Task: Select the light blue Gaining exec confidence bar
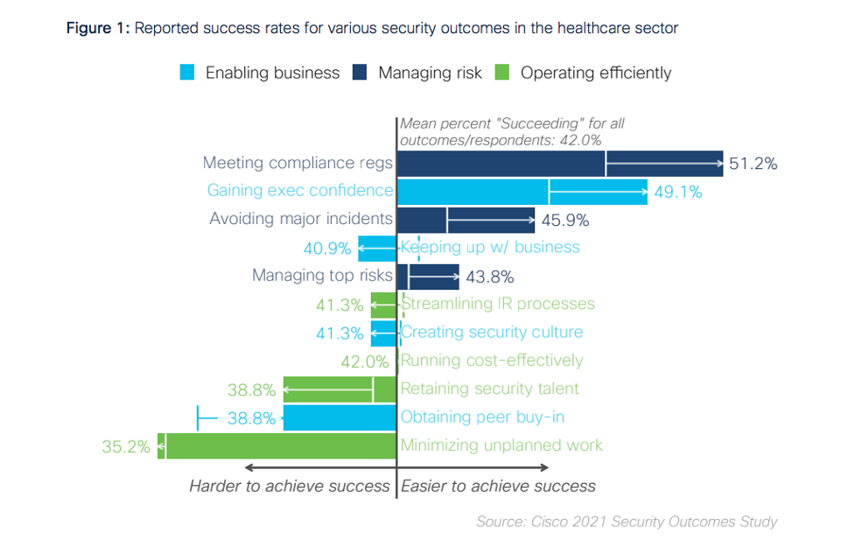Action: pos(522,191)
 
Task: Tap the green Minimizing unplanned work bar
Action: pos(277,445)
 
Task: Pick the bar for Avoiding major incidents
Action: pos(465,220)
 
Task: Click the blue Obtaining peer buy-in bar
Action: pos(340,417)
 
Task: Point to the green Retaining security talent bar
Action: pos(340,389)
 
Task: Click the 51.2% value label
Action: pos(753,164)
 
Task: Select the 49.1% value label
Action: pos(677,192)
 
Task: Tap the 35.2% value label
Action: pos(126,446)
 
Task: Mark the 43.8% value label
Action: pos(489,277)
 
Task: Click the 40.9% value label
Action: pos(327,249)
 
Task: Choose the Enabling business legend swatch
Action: pos(187,73)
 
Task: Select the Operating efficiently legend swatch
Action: pos(502,73)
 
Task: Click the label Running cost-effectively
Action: pos(491,361)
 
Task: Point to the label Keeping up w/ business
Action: pos(490,247)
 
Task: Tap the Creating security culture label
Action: pos(491,333)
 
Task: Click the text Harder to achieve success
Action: pos(290,486)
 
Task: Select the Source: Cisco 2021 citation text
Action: pos(626,522)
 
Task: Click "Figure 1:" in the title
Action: pos(98,28)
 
